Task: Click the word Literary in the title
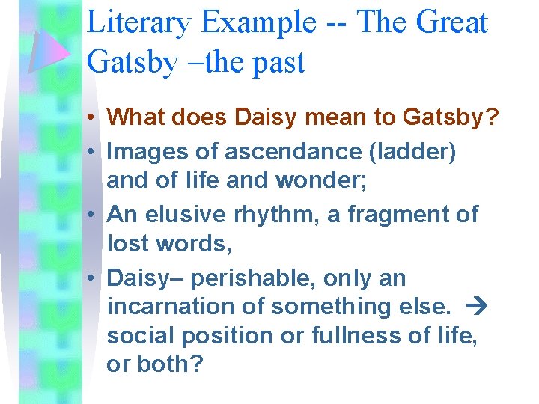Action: pyautogui.click(x=135, y=22)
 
